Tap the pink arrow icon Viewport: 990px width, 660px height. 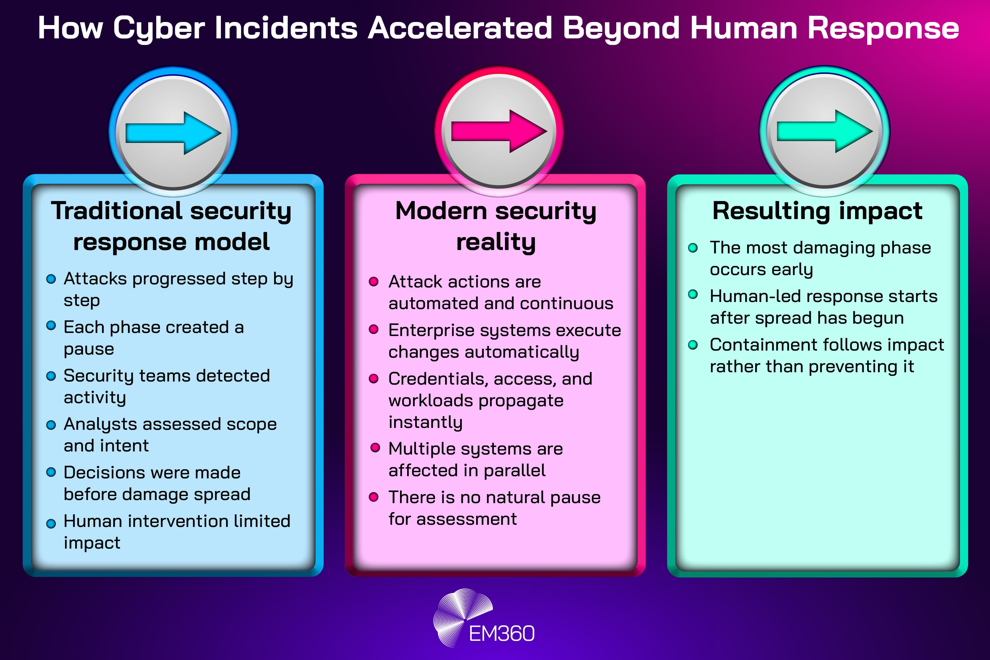(x=499, y=131)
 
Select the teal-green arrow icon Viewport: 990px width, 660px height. (x=825, y=131)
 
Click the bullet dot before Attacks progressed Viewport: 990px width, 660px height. (x=51, y=279)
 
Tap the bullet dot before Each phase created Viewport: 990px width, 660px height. (x=51, y=326)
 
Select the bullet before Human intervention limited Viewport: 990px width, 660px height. (x=51, y=523)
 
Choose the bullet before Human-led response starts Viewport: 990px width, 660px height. (x=693, y=294)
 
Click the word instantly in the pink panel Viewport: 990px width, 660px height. (x=425, y=422)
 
